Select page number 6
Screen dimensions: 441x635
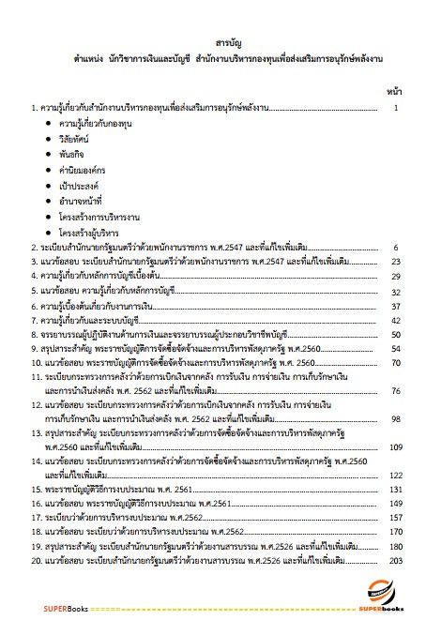tap(397, 248)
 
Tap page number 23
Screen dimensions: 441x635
tap(396, 262)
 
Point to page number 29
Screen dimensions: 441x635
tap(396, 277)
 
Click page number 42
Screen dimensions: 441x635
tap(396, 320)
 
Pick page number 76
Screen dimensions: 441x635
tap(396, 390)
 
